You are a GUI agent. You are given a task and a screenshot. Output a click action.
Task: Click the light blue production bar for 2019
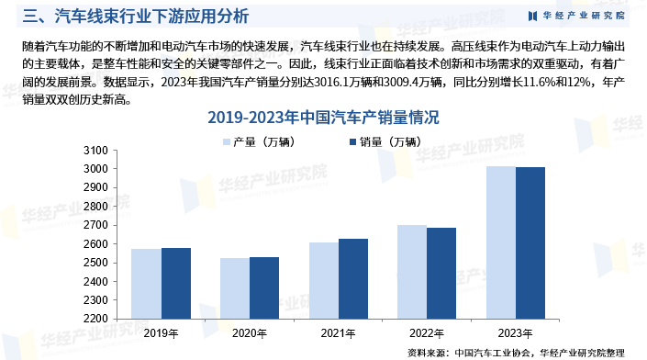[x=146, y=284]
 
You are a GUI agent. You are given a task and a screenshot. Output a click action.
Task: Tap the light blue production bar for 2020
[x=235, y=288]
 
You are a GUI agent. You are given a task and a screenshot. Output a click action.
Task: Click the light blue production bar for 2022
[x=412, y=272]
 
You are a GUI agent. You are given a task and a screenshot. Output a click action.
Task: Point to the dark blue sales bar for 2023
[x=530, y=242]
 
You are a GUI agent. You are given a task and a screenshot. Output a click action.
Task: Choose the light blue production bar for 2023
[x=500, y=242]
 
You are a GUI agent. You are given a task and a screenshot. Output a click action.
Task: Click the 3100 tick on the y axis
[x=96, y=151]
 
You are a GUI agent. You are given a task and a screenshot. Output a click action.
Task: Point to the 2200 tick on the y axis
[x=96, y=320]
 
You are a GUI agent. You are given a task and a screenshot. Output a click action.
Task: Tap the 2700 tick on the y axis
[x=96, y=226]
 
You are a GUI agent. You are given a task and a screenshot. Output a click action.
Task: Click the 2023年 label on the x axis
[x=516, y=333]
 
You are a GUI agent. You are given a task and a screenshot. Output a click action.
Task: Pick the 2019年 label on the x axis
[x=161, y=333]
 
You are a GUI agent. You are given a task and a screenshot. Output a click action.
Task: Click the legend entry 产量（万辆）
[x=257, y=141]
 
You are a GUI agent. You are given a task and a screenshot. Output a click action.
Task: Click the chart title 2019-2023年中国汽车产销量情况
[x=323, y=118]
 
